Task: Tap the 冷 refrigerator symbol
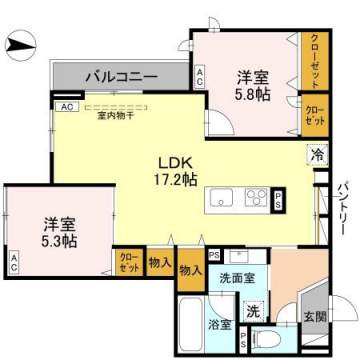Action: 315,156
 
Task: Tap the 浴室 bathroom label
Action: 221,325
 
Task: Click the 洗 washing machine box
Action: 254,312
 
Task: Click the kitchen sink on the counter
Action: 221,197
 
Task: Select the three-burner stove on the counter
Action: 254,197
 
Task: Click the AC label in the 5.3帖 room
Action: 15,265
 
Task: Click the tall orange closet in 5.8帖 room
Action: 314,59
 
